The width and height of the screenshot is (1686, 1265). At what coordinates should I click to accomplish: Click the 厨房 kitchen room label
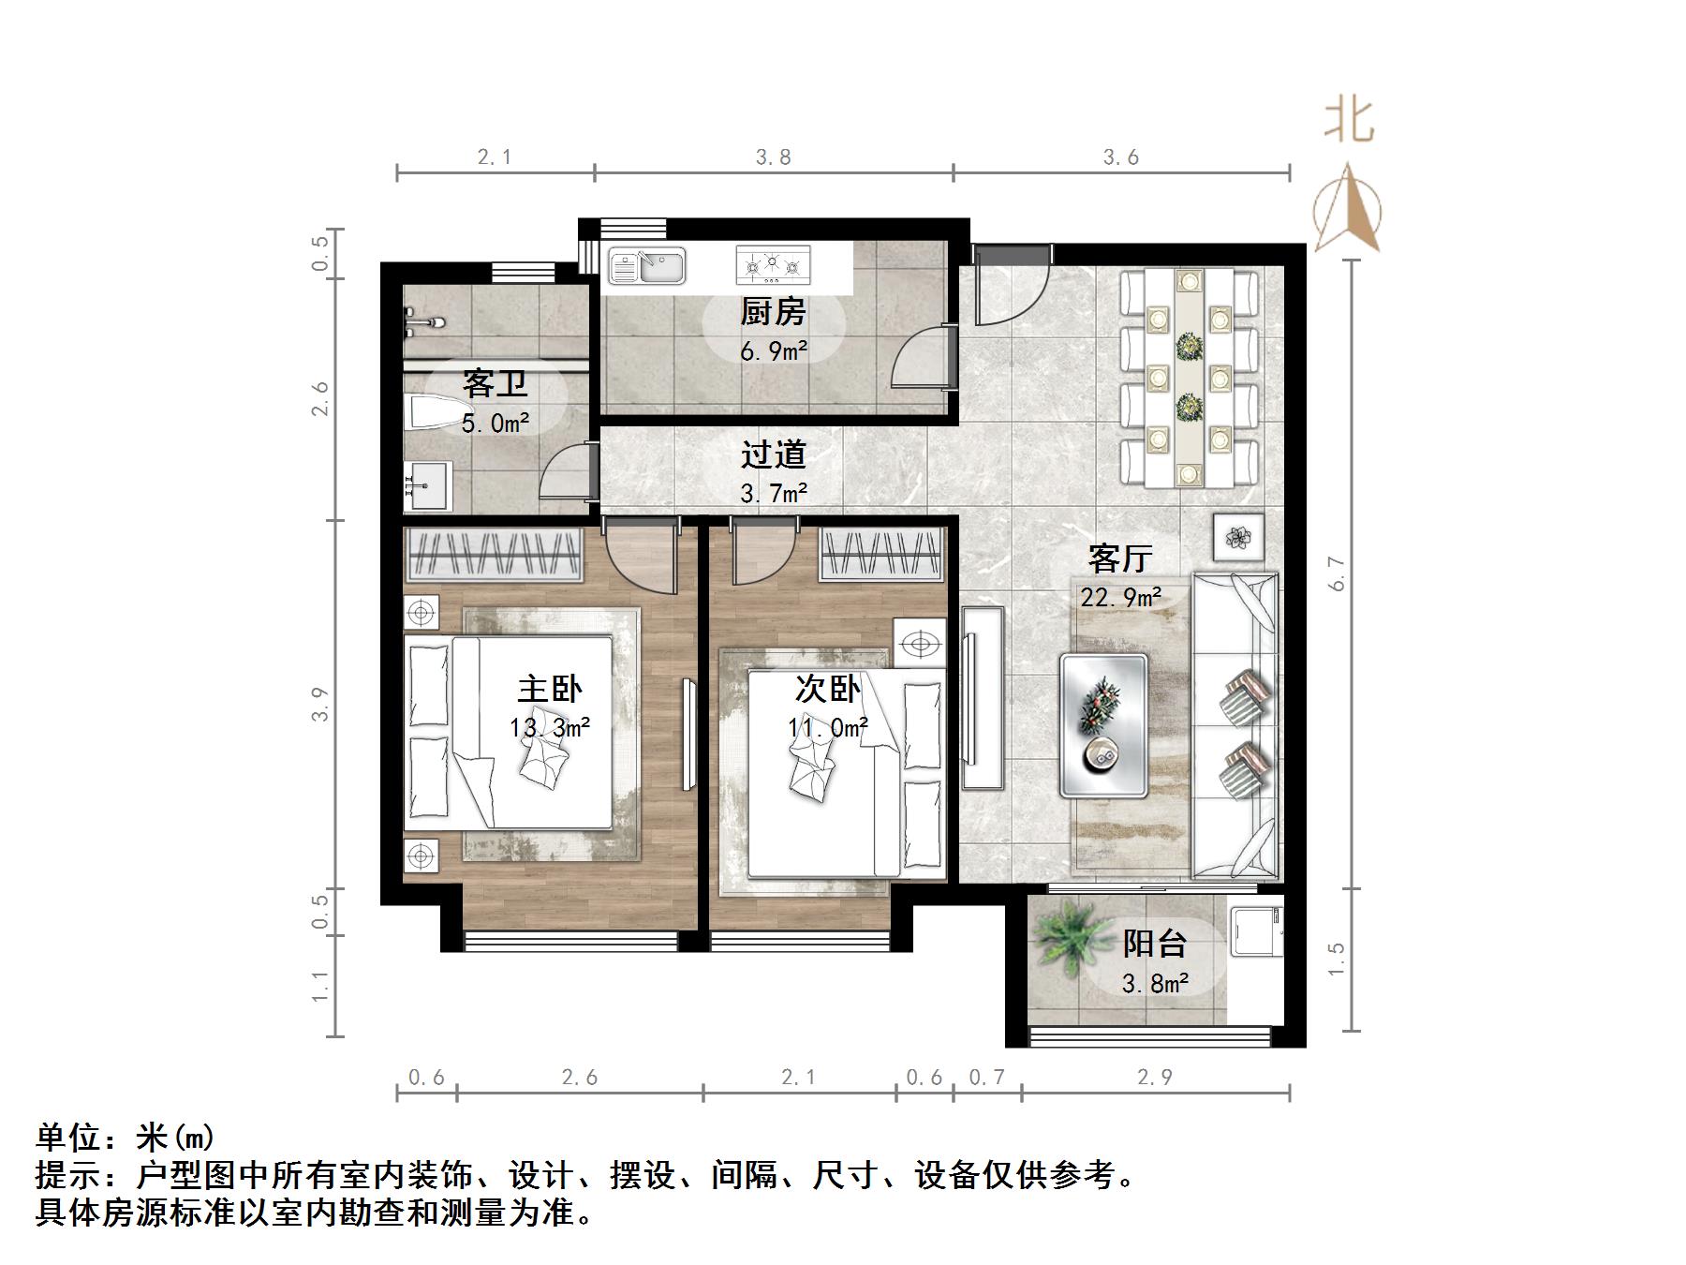click(x=773, y=311)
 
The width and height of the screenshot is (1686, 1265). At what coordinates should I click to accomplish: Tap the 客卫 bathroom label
click(x=495, y=383)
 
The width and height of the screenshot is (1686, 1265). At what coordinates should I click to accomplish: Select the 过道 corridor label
click(x=773, y=454)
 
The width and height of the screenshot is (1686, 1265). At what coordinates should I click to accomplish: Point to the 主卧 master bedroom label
click(x=550, y=690)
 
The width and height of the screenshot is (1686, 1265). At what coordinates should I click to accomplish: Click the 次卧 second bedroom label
click(x=827, y=690)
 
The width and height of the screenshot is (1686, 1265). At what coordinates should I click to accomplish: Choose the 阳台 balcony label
click(x=1155, y=943)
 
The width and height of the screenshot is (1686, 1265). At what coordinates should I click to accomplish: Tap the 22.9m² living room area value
click(x=1121, y=597)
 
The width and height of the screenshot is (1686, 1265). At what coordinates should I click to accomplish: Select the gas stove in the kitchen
click(x=773, y=265)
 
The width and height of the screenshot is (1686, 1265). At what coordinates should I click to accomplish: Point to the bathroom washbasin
click(x=427, y=485)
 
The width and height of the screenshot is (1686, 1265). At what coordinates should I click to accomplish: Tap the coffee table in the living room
click(x=1103, y=726)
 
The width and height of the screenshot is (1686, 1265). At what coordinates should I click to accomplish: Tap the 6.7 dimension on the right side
click(x=1337, y=573)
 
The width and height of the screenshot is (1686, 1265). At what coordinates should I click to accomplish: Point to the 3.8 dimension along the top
click(x=774, y=157)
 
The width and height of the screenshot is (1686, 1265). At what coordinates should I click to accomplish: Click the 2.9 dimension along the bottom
click(x=1155, y=1078)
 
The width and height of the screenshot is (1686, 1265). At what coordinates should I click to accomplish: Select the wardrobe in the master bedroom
click(x=494, y=555)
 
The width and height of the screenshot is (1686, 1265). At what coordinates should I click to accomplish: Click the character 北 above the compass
click(x=1349, y=123)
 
